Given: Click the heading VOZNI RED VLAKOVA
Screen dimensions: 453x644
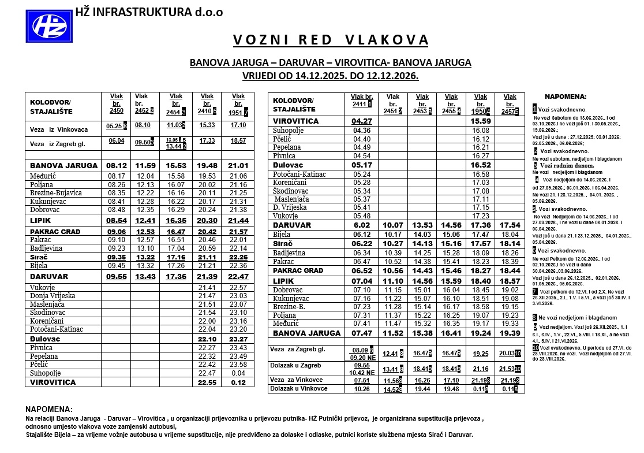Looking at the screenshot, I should tap(331, 40).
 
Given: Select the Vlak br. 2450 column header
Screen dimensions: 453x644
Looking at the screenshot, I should tap(117, 103).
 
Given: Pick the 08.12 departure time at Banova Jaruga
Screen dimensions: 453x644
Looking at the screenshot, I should tap(117, 166).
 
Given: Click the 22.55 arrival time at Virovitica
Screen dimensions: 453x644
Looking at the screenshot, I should tap(206, 382).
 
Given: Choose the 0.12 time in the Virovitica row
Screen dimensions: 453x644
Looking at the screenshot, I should tap(238, 382).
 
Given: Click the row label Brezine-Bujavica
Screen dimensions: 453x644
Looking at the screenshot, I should tap(57, 192).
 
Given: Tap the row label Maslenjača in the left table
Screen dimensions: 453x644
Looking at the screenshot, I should tap(47, 304).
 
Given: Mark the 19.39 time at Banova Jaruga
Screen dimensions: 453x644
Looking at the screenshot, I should tap(510, 333).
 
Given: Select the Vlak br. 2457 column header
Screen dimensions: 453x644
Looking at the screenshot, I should tap(510, 103).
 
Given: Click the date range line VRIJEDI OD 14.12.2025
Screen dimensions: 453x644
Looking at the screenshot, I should tap(331, 75).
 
